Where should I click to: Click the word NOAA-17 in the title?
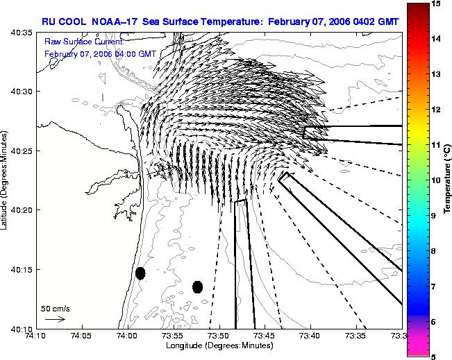click(x=114, y=22)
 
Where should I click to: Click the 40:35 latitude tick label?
click(x=22, y=33)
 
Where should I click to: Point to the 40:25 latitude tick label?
click(x=22, y=151)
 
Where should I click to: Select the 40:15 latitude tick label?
click(x=22, y=270)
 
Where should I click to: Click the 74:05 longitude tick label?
click(x=83, y=336)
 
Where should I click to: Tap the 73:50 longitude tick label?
click(x=219, y=336)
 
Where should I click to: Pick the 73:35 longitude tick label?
click(x=357, y=336)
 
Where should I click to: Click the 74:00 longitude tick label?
click(x=128, y=336)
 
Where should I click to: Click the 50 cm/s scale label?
click(x=56, y=309)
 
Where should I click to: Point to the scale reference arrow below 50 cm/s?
click(x=55, y=319)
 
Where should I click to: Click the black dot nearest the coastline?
click(x=140, y=273)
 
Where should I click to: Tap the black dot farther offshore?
click(x=197, y=287)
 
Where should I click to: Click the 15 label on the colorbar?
click(x=436, y=3)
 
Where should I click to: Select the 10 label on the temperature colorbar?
click(x=436, y=180)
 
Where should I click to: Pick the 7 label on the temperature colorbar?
click(x=433, y=286)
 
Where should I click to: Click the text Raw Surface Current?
click(x=84, y=42)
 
